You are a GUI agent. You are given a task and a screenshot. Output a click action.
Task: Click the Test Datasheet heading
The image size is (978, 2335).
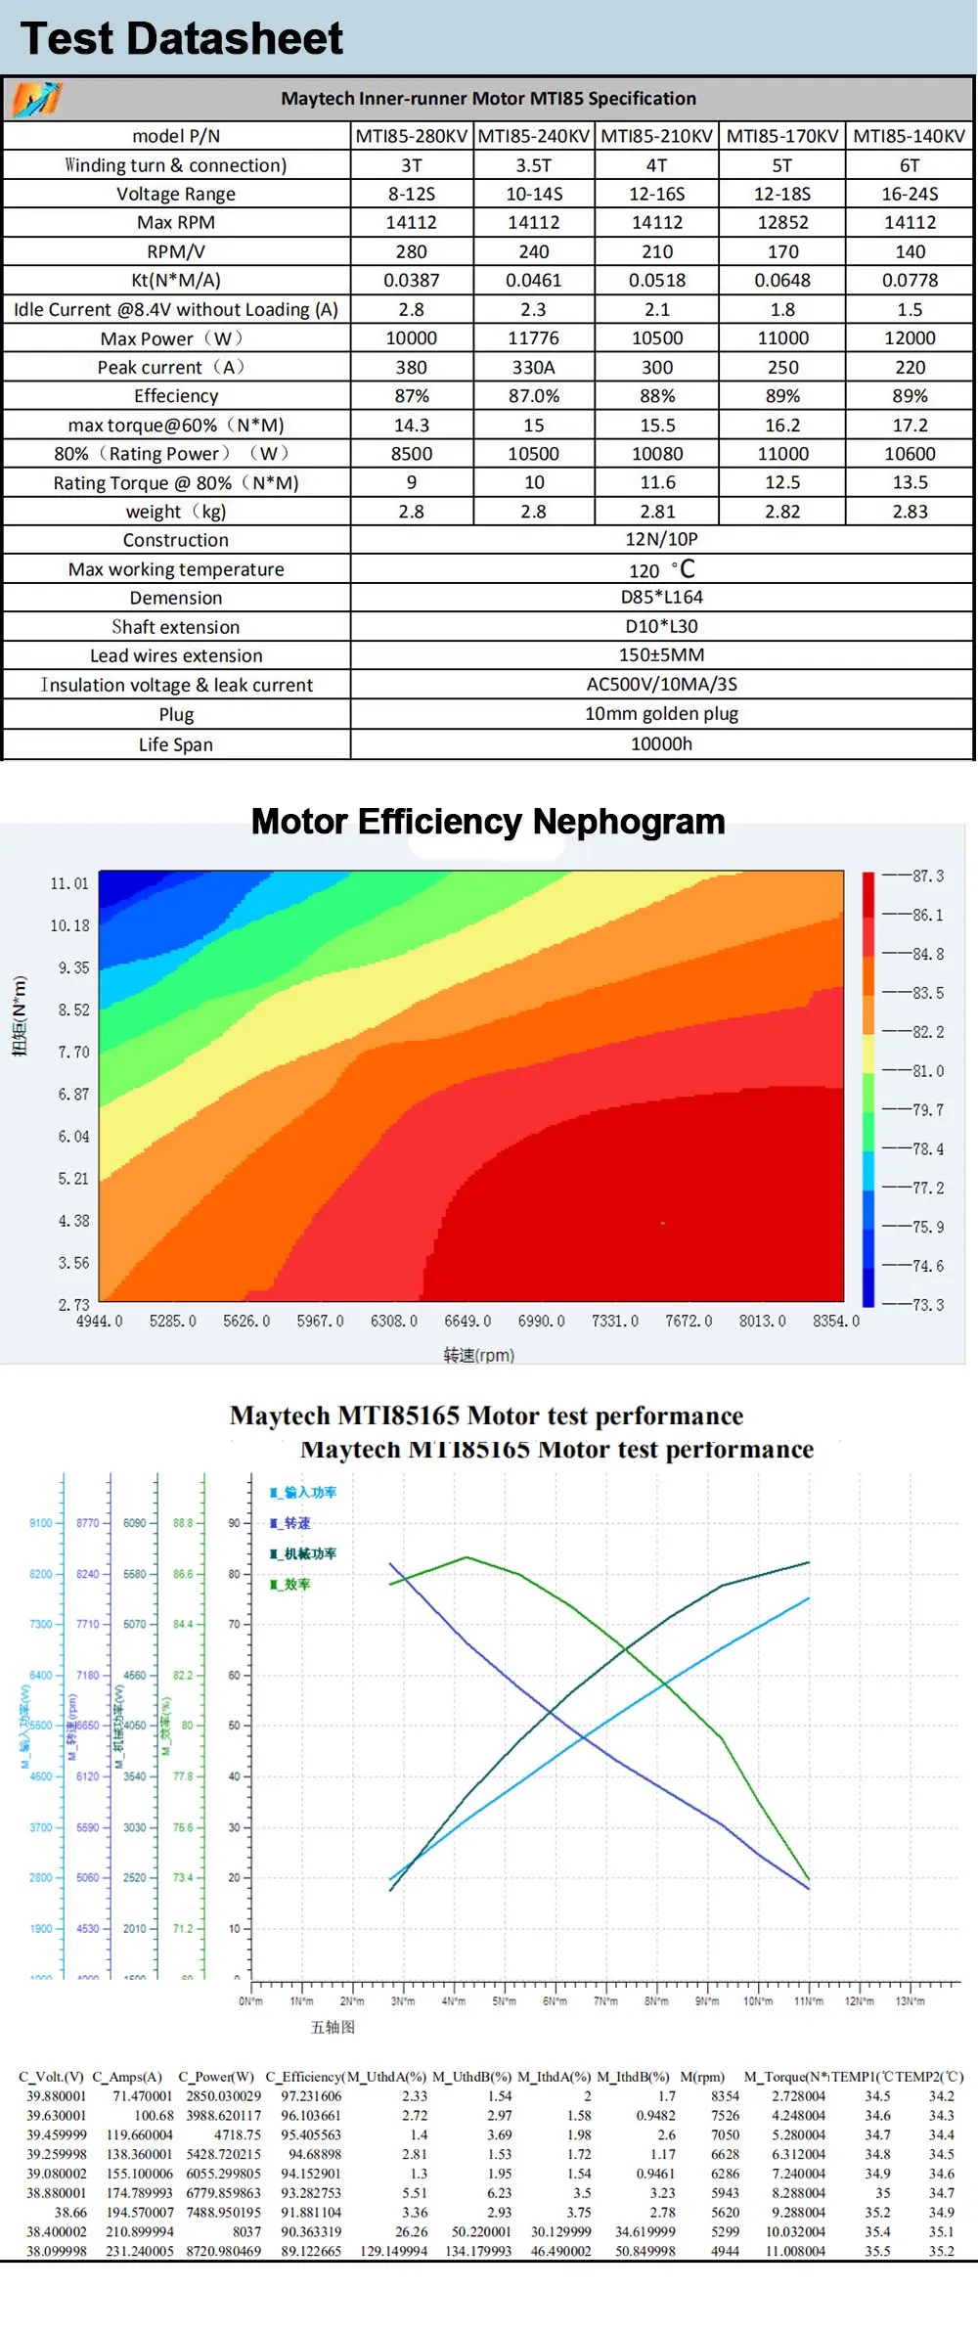[182, 39]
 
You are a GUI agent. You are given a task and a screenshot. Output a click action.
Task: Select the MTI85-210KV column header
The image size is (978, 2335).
[656, 136]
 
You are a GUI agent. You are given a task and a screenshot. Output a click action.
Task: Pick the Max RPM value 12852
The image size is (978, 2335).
[782, 222]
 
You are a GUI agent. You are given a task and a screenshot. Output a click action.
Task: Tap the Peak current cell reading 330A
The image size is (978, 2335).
[533, 367]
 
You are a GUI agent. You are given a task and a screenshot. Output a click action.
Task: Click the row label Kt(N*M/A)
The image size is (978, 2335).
[176, 280]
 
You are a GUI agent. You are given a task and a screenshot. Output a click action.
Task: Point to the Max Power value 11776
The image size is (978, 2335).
[533, 338]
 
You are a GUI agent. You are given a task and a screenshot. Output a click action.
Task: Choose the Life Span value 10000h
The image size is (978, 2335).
[661, 743]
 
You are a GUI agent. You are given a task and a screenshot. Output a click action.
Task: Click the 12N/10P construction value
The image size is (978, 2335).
[661, 539]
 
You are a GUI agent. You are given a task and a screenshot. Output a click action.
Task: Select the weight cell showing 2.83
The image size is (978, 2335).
[910, 512]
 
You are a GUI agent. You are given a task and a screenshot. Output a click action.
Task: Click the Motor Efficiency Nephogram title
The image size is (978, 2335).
[488, 822]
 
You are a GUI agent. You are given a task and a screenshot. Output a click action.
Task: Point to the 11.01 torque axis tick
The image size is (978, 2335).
[69, 883]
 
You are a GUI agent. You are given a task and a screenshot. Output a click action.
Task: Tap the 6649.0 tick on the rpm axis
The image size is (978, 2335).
[467, 1321]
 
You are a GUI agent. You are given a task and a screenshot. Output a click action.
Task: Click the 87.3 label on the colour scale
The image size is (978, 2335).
[927, 876]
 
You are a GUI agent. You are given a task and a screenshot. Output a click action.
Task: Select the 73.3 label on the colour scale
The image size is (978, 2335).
[927, 1305]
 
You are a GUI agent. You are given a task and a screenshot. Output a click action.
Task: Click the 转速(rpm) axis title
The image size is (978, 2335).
[478, 1355]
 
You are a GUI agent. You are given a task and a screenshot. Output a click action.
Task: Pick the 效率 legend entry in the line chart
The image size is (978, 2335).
[296, 1584]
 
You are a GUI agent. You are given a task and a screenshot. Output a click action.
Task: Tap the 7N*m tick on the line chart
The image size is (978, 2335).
[605, 2000]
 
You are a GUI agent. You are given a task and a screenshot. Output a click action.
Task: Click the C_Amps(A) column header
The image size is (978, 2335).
[127, 2076]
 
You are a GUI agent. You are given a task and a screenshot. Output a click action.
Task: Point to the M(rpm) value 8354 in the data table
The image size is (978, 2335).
[725, 2095]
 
